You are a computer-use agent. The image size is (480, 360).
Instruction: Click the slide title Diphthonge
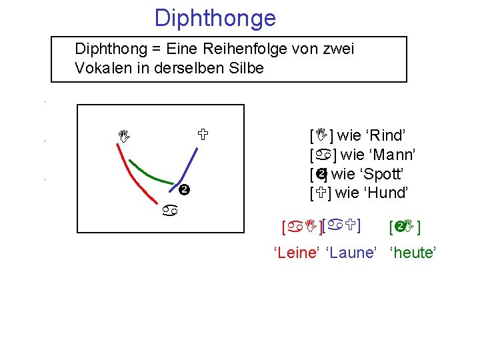click(x=215, y=18)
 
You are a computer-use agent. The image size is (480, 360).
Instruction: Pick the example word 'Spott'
click(x=382, y=175)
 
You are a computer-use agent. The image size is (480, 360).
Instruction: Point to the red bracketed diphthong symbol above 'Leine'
click(x=301, y=229)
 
